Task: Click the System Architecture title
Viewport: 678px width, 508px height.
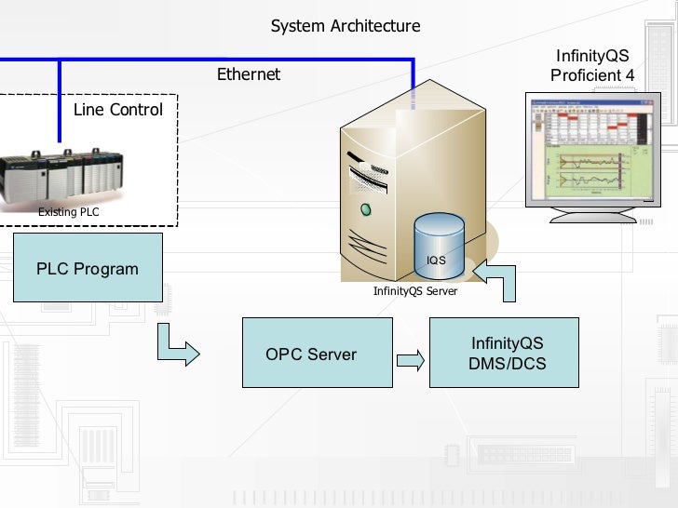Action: tap(346, 26)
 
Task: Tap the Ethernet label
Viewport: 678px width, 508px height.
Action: tap(249, 74)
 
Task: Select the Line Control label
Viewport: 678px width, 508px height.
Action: tap(118, 110)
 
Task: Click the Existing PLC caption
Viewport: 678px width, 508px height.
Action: tap(68, 212)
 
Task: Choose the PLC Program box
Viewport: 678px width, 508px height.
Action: tap(88, 269)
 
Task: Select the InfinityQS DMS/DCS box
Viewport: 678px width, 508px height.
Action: tap(508, 354)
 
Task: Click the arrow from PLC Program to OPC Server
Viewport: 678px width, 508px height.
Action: tap(176, 346)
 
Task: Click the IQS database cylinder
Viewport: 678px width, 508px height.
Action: tap(437, 247)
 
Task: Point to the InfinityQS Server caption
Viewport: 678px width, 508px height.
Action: tap(415, 291)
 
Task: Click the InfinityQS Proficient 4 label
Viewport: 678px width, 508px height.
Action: tap(592, 65)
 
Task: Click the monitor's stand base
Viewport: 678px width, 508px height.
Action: tap(592, 218)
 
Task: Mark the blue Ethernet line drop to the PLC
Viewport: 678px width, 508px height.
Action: tap(60, 102)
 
